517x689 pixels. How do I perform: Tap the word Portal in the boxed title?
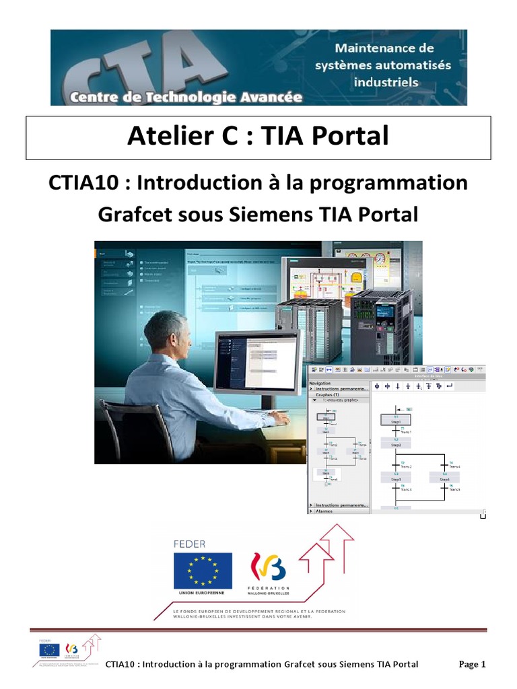tap(354, 137)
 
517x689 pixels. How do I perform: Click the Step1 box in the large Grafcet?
tap(397, 421)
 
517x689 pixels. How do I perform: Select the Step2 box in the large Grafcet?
tap(397, 445)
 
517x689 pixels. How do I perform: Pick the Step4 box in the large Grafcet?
tap(444, 478)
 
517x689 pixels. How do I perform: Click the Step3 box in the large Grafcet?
tap(397, 478)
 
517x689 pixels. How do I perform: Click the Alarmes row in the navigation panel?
tap(326, 511)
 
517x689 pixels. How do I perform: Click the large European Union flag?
tap(203, 571)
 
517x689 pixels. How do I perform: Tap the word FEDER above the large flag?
tap(190, 544)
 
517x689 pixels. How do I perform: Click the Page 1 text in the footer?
tap(472, 664)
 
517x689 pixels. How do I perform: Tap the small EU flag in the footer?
tap(48, 650)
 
